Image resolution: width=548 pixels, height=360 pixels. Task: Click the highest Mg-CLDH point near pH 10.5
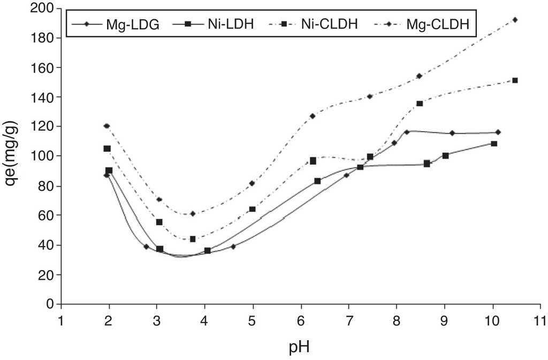(x=515, y=20)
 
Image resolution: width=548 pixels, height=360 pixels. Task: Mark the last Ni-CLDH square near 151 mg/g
(x=515, y=80)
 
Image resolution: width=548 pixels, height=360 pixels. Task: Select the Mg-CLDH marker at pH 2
(x=107, y=126)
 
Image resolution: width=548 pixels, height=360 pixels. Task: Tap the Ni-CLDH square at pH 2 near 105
(x=107, y=149)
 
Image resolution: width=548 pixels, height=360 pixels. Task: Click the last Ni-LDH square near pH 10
(x=494, y=144)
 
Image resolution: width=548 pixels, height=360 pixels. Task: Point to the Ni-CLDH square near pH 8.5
(x=420, y=103)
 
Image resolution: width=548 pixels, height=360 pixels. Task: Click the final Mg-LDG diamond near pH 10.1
(x=498, y=132)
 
